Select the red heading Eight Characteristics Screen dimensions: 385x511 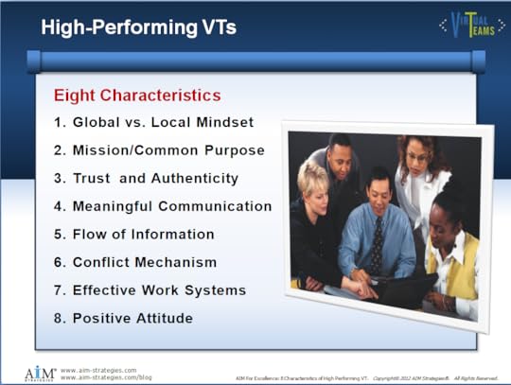tap(137, 96)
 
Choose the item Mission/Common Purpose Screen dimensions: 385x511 tap(158, 150)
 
